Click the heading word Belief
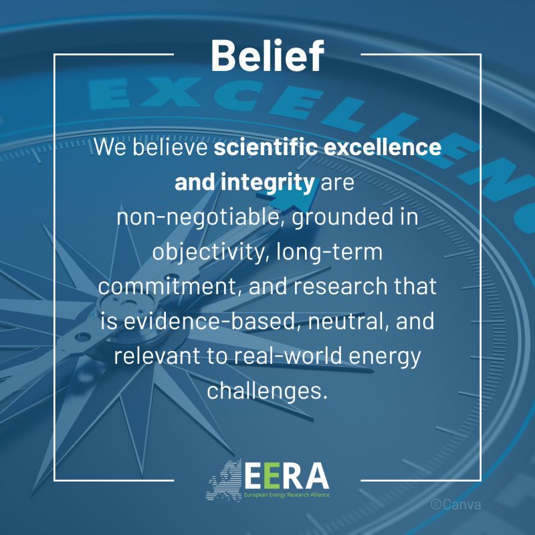(267, 56)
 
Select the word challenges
(267, 391)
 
